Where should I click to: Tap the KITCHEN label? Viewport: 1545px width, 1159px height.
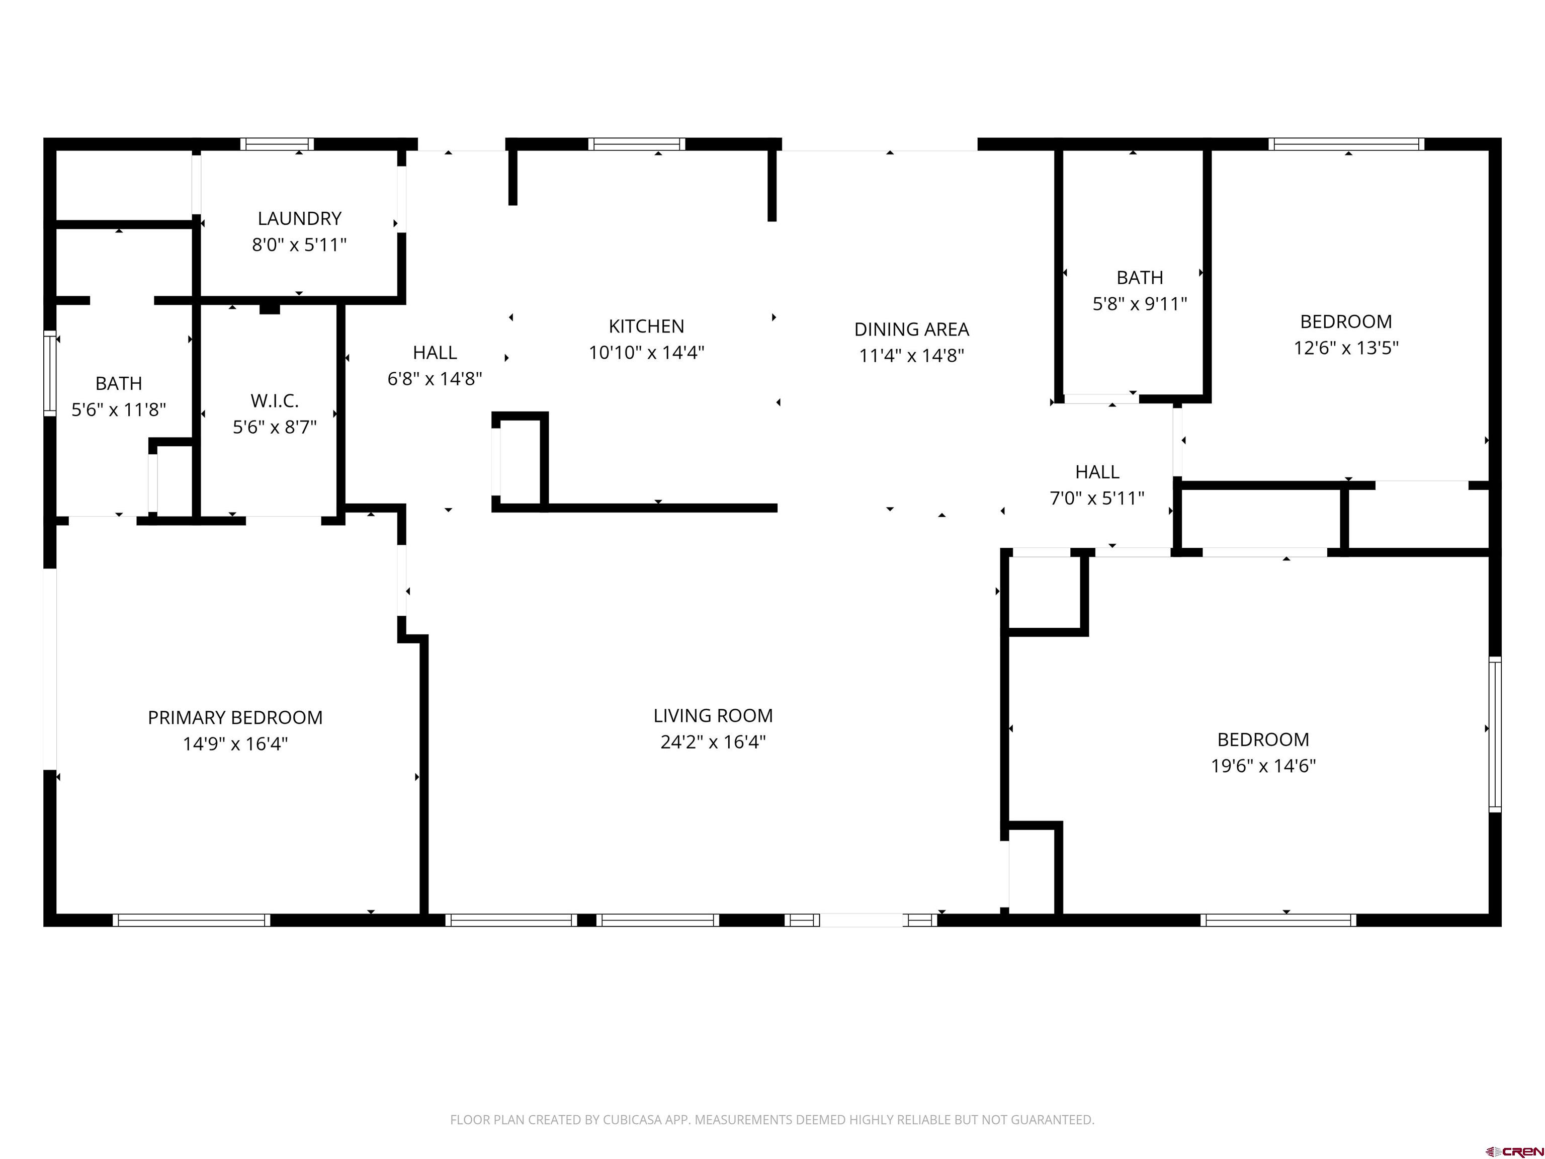coord(646,326)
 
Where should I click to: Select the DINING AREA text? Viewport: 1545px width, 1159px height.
coord(911,329)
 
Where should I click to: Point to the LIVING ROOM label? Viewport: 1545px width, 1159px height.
coord(713,715)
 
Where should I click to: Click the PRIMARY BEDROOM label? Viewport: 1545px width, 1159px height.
coord(235,717)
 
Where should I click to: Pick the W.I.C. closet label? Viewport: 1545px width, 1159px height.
coord(275,401)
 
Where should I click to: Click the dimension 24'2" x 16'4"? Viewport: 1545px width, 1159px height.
coord(713,741)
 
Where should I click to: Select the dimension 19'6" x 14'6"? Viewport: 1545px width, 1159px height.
coord(1263,766)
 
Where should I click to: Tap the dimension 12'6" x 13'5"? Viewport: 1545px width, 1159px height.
coord(1346,348)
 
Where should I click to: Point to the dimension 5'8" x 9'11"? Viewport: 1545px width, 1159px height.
coord(1140,304)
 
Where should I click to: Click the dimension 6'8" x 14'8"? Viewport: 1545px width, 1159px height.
coord(435,379)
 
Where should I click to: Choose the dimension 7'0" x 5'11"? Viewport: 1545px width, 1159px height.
coord(1097,498)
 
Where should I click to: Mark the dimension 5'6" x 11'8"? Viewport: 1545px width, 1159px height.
coord(119,409)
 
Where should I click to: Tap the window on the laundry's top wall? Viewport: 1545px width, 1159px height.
coord(277,144)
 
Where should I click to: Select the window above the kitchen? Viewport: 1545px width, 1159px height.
coord(636,144)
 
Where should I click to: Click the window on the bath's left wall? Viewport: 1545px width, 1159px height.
coord(50,373)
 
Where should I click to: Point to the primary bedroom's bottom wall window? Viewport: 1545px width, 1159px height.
coord(192,920)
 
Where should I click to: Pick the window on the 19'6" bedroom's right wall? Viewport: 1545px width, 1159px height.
coord(1495,734)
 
